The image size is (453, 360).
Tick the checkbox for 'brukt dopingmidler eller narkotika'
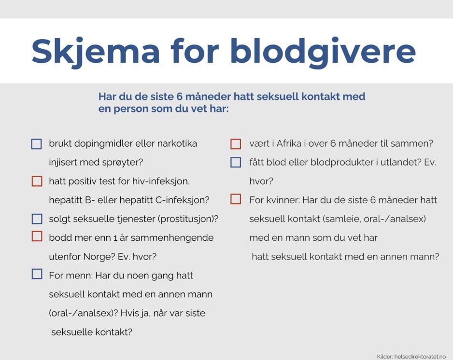[x=37, y=144]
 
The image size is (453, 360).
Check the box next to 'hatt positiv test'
[x=37, y=181]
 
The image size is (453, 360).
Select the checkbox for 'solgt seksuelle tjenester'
[x=37, y=219]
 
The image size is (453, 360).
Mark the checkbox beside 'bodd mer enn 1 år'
[x=37, y=236]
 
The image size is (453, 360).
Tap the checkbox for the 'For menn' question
[x=37, y=274]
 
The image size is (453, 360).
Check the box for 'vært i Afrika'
[x=236, y=144]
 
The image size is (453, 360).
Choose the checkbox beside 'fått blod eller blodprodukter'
[x=236, y=163]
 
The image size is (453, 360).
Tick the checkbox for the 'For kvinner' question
[x=236, y=199]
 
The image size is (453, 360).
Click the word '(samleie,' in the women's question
[x=342, y=219]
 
